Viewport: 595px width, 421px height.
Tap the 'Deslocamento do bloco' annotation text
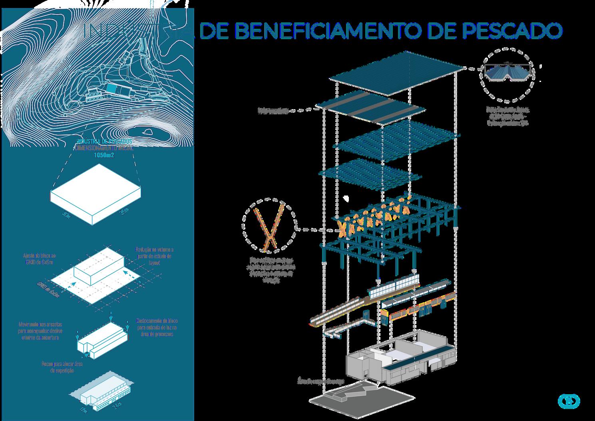(x=156, y=327)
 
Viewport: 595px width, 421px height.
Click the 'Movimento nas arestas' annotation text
(x=40, y=331)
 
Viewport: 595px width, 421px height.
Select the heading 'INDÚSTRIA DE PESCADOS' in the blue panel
(x=104, y=142)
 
